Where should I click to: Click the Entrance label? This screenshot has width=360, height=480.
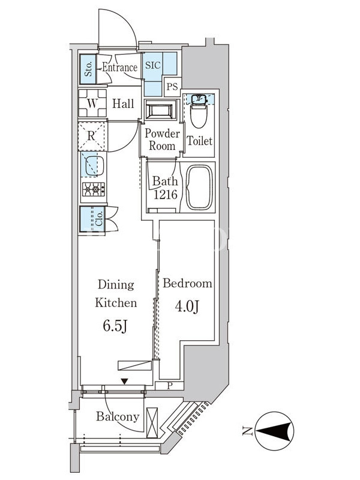[119, 67]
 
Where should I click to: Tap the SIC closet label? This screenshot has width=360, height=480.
[152, 65]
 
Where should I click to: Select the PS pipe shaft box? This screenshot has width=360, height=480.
[172, 86]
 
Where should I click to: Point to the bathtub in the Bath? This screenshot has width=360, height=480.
[199, 188]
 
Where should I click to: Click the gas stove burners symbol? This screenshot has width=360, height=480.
[94, 190]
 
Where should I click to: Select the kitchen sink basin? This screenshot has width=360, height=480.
[94, 166]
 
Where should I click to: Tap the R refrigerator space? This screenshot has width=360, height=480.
[91, 136]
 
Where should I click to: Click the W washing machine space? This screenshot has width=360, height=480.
[92, 103]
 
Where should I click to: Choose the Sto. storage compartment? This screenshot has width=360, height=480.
[88, 69]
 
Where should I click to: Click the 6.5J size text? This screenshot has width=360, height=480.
[115, 326]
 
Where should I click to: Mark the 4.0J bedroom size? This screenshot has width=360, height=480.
[187, 306]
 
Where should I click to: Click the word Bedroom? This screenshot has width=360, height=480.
[187, 283]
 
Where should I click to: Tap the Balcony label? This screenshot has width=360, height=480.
[118, 416]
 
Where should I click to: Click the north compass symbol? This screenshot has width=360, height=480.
[274, 431]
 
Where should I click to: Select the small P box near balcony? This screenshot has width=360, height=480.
[169, 386]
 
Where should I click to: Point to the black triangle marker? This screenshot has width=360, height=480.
[124, 382]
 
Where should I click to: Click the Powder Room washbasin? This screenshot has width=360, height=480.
[161, 109]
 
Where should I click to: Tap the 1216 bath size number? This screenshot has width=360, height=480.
[166, 194]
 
